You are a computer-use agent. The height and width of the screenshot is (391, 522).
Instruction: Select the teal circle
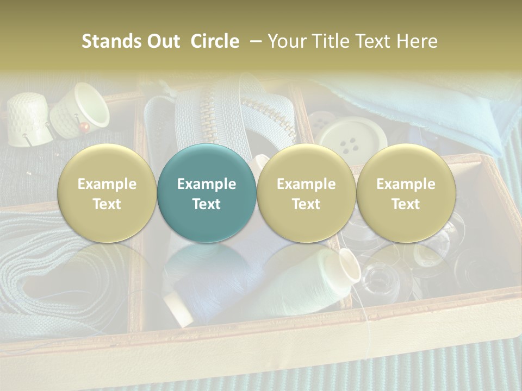[207, 193]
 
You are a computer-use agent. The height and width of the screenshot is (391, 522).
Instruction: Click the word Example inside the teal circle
[207, 184]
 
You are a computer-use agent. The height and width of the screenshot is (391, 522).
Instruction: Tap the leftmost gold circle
[107, 193]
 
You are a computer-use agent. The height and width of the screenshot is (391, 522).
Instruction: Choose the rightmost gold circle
[406, 193]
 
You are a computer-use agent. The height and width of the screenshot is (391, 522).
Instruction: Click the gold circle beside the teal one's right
[306, 193]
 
